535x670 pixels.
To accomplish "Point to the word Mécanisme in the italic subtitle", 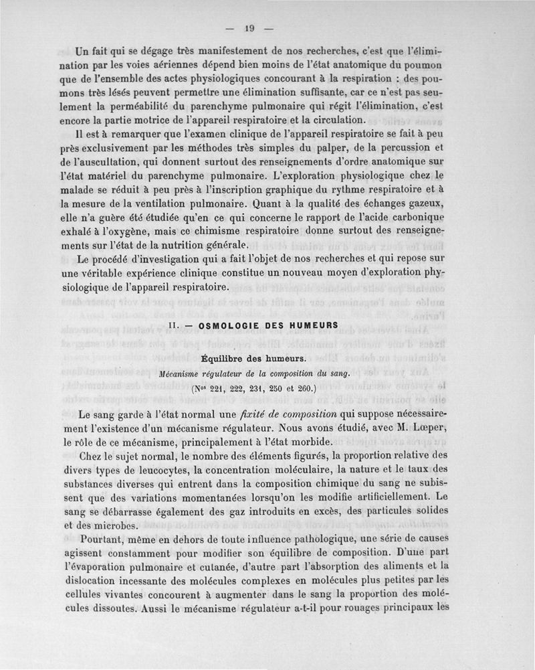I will [184, 374].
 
